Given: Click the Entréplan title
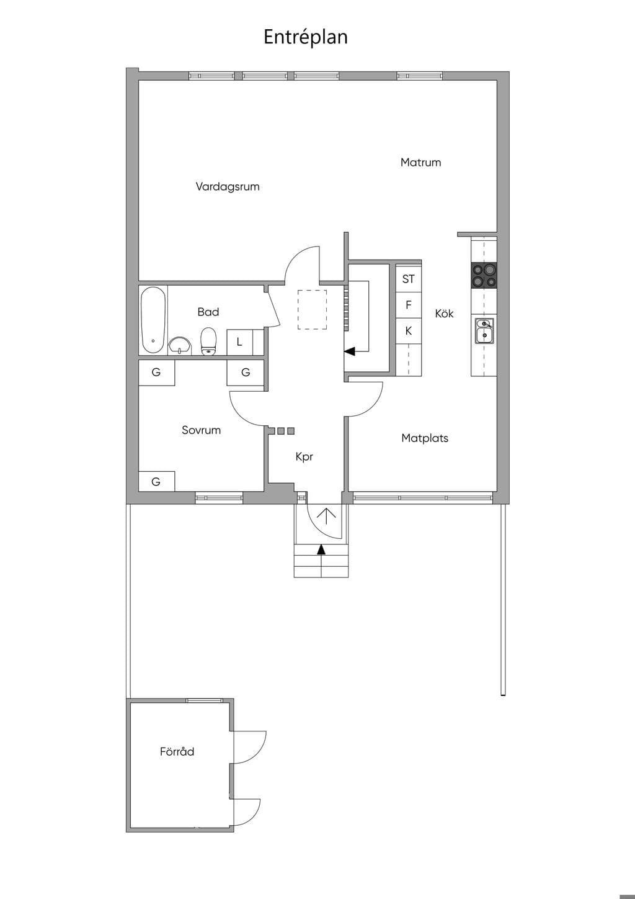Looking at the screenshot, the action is pos(306,37).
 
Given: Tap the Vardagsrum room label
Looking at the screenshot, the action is pos(228,187).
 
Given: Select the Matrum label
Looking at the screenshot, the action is pos(420,163).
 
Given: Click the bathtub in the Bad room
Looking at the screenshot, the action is pos(153,320).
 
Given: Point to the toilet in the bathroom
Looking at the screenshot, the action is pos(208,341).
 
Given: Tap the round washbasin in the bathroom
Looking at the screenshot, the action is pos(180,346).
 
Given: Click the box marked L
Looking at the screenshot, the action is pos(239,342).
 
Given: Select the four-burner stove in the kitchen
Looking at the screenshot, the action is pos(484,275).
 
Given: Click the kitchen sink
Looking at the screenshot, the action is pos(485,331).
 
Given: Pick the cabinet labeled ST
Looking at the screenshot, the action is pos(409,279).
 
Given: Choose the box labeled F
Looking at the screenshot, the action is pos(409,305).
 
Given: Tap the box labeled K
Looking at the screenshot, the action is pos(409,331).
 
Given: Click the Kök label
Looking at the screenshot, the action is pos(444,314).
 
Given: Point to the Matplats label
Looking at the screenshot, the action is pos(425,438).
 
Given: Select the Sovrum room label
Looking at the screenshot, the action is pos(202,430).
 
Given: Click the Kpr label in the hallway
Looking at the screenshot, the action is pos(304,457).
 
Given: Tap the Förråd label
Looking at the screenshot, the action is pos(177,751).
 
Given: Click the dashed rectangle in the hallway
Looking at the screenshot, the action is pos(312,310).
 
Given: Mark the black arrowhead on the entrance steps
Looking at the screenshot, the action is pos(321,549).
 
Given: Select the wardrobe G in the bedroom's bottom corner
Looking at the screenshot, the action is pos(156,481).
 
